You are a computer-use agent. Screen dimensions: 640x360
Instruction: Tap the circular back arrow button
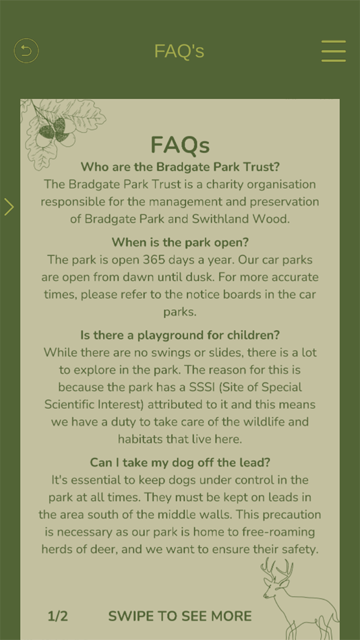[x=26, y=51]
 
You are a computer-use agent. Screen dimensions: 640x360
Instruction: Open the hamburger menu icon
[x=333, y=51]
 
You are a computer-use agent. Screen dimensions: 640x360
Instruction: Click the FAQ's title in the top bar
[x=179, y=51]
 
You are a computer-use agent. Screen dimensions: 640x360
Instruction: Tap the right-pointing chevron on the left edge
[x=9, y=207]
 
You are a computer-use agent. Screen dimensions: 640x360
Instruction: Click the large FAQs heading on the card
[x=180, y=144]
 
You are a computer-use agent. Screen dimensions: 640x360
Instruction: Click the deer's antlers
[x=278, y=569]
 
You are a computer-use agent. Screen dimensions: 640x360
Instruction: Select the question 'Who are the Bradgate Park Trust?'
[x=180, y=167]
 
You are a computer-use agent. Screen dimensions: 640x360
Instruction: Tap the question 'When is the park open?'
[x=180, y=242]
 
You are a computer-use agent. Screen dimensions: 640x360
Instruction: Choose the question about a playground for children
[x=180, y=335]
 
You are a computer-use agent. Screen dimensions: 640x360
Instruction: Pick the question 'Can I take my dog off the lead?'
[x=180, y=463]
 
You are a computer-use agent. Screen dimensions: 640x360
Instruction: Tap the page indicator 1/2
[x=58, y=616]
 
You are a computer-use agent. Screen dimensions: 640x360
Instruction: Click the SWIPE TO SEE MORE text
[x=180, y=616]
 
